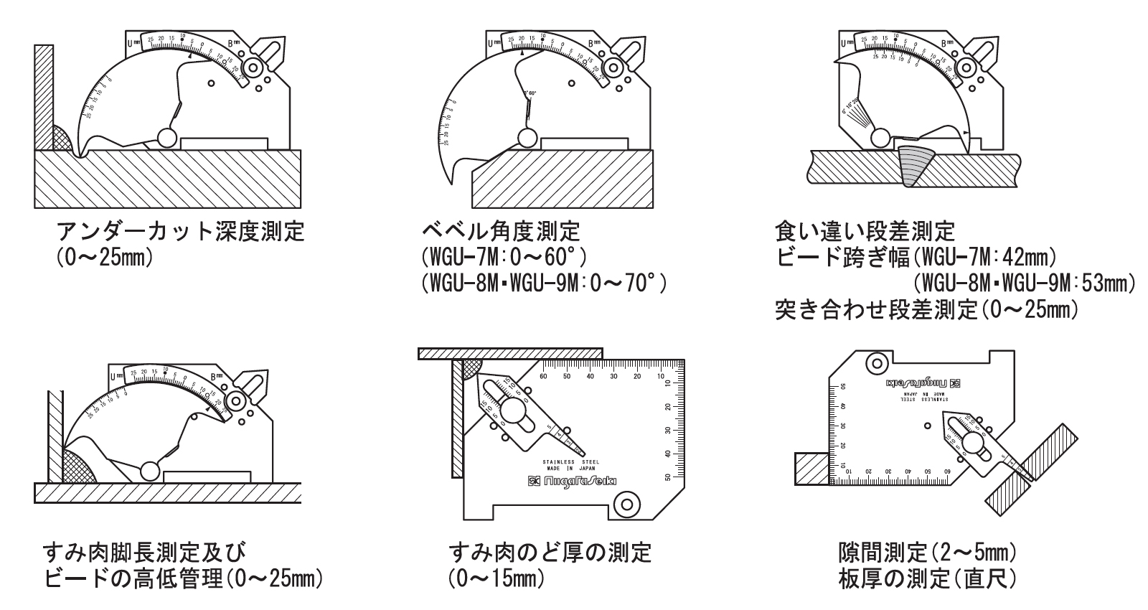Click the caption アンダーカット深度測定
pyautogui.click(x=180, y=233)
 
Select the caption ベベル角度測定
pyautogui.click(x=501, y=232)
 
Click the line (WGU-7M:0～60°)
pyautogui.click(x=505, y=258)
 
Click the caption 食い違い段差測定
pyautogui.click(x=865, y=231)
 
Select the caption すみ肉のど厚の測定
pyautogui.click(x=550, y=553)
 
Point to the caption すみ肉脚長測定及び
pyautogui.click(x=143, y=553)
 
